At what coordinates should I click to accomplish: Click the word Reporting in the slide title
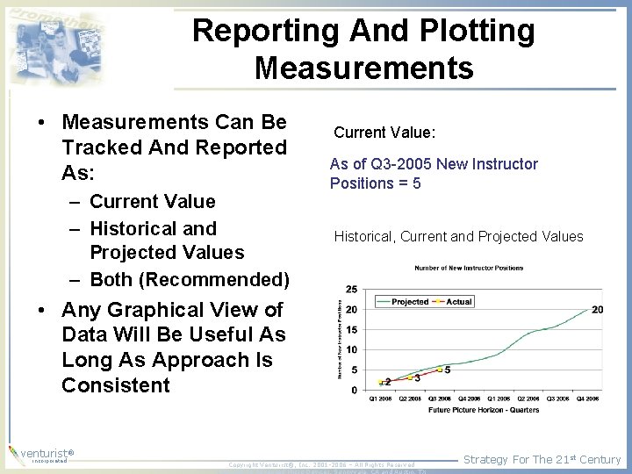pyautogui.click(x=264, y=31)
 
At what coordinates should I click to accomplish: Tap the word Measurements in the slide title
pyautogui.click(x=363, y=67)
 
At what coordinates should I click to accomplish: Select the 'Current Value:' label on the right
pyautogui.click(x=384, y=133)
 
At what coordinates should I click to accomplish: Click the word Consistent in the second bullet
pyautogui.click(x=116, y=385)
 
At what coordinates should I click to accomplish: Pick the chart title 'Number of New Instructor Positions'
pyautogui.click(x=469, y=268)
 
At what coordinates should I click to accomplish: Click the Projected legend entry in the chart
pyautogui.click(x=410, y=302)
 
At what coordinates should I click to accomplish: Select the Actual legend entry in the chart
pyautogui.click(x=459, y=302)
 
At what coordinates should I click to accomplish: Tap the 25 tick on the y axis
pyautogui.click(x=351, y=289)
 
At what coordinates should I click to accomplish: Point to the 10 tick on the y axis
pyautogui.click(x=351, y=349)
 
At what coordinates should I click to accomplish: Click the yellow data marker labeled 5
pyautogui.click(x=440, y=370)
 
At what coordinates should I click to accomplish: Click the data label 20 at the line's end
pyautogui.click(x=597, y=309)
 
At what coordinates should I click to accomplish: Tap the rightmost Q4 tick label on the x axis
pyautogui.click(x=587, y=399)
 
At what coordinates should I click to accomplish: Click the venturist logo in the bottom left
pyautogui.click(x=39, y=455)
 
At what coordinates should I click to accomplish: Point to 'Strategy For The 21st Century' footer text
pyautogui.click(x=542, y=459)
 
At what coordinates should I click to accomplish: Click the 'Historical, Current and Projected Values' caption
pyautogui.click(x=458, y=236)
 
